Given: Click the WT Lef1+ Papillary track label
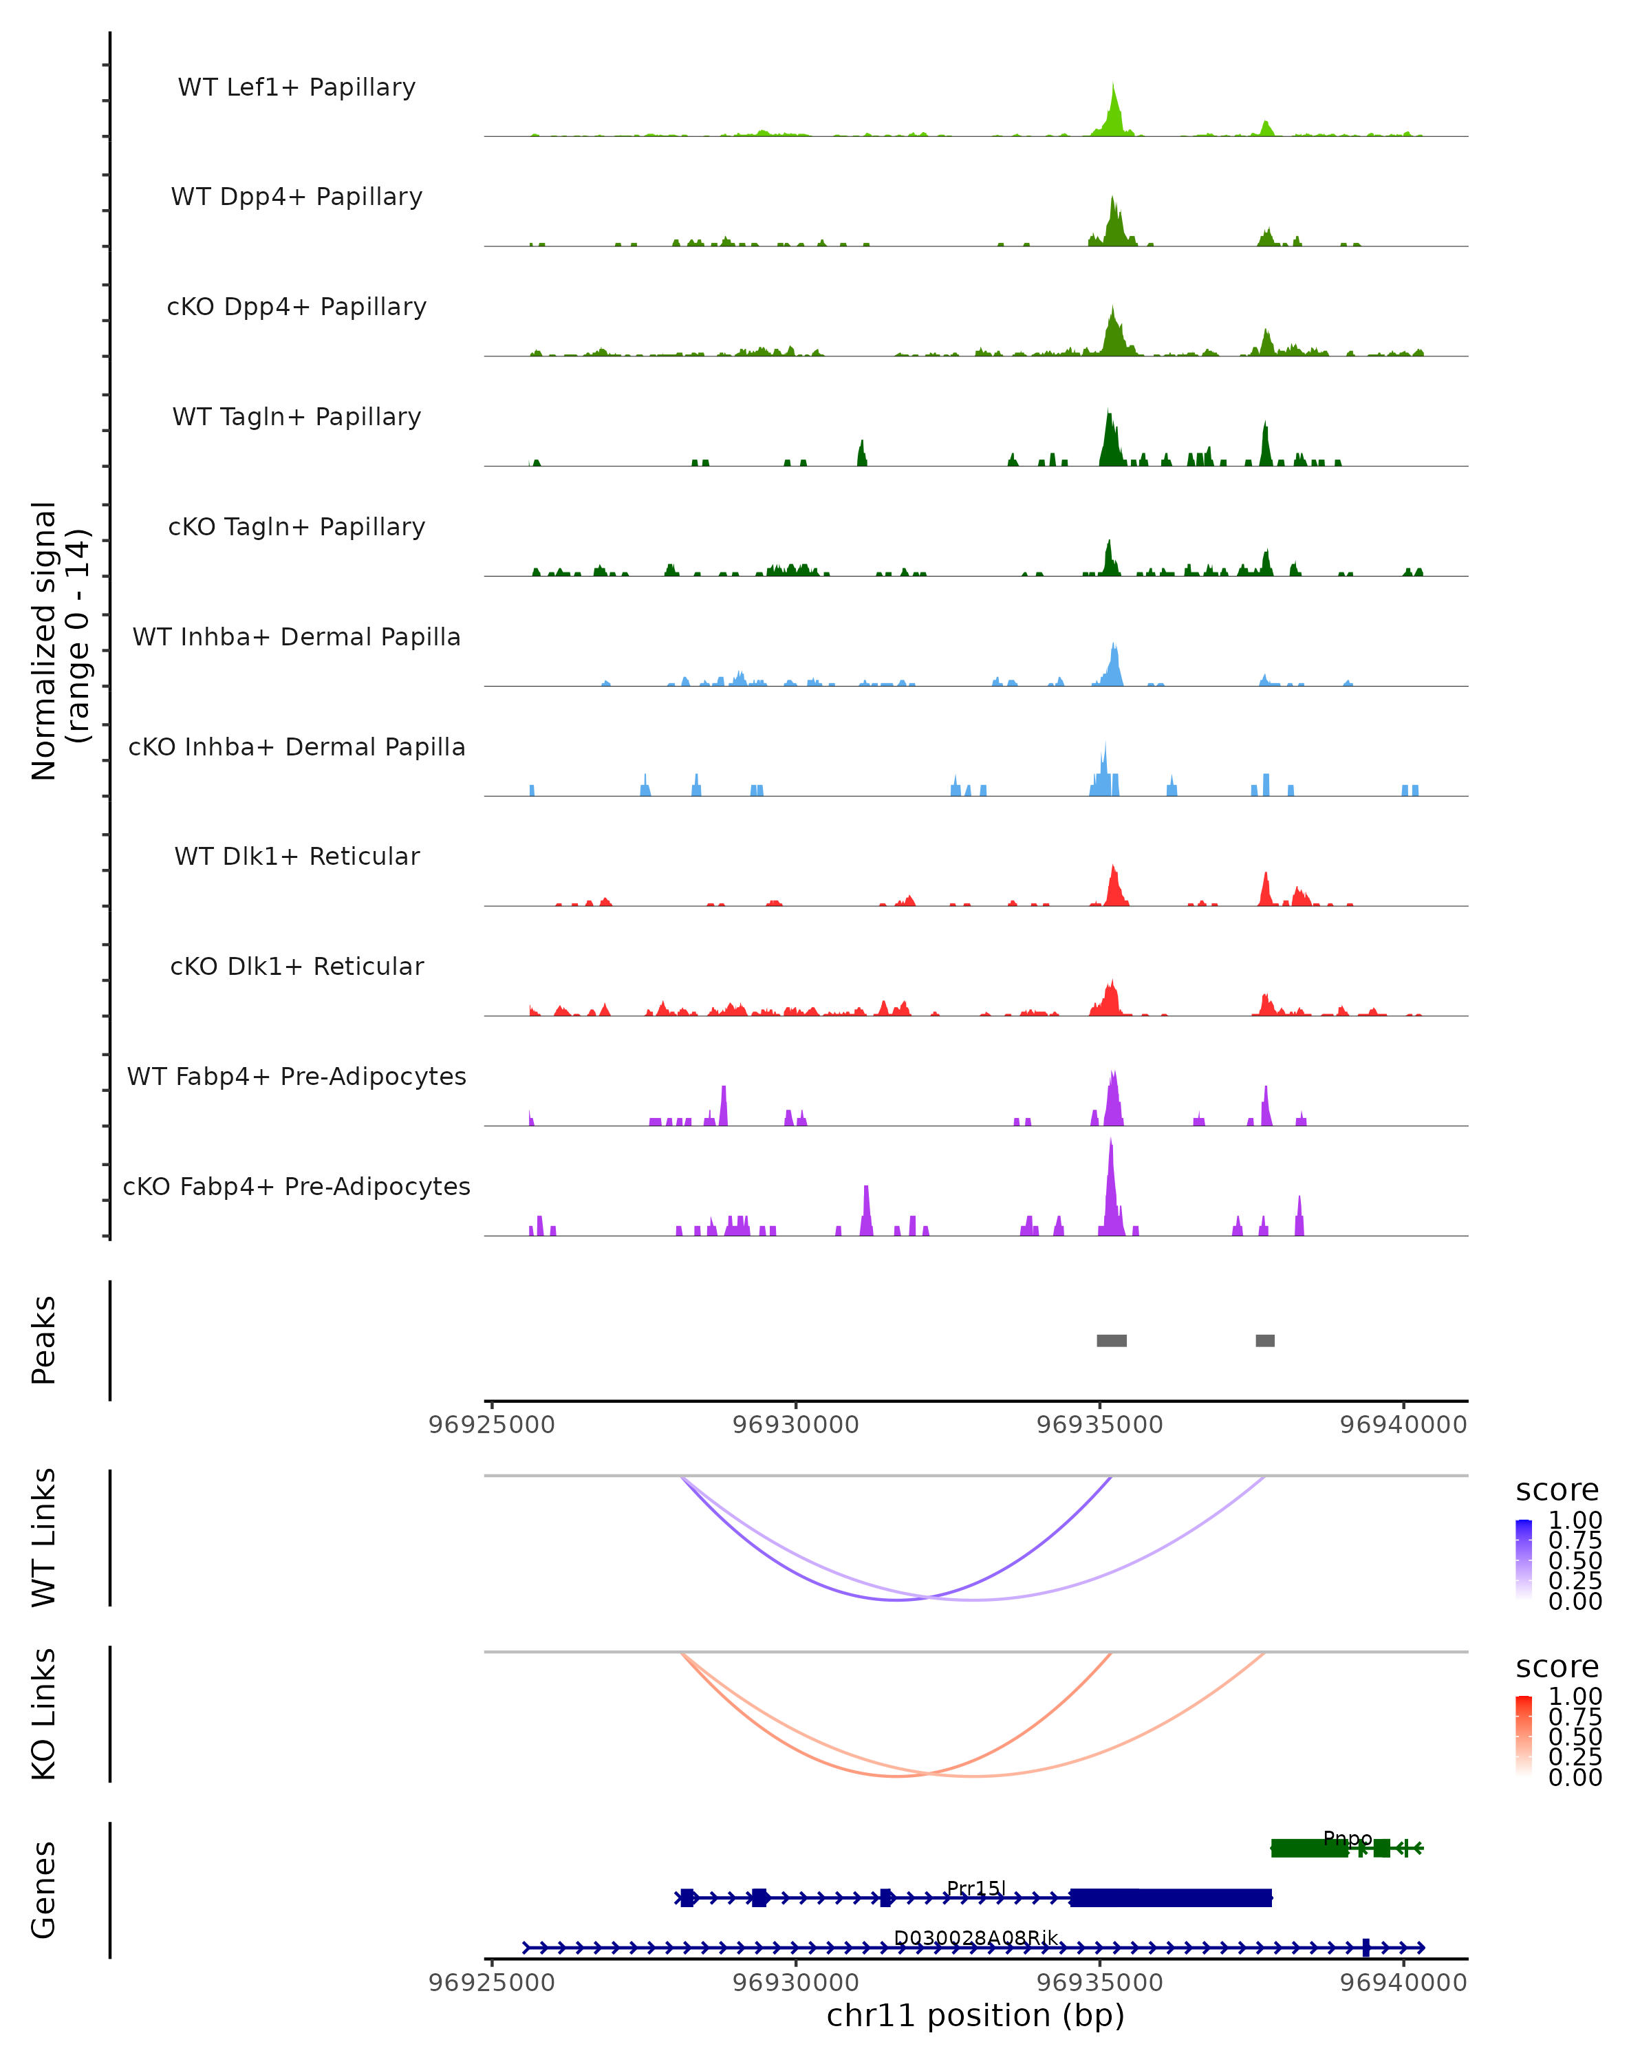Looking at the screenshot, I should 296,87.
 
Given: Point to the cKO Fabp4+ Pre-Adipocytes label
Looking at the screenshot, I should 296,1186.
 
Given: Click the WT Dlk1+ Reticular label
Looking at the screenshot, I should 296,856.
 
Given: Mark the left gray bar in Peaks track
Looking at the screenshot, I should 1111,1340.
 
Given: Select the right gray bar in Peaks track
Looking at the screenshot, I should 1264,1340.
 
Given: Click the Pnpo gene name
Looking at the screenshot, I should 1348,1838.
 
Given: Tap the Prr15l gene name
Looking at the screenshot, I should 975,1888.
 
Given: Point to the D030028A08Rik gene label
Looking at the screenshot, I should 975,1937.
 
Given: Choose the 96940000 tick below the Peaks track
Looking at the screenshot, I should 1403,1425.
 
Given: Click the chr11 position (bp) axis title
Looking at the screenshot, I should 975,2015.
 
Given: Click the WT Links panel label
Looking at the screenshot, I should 44,1538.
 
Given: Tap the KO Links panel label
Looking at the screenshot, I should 44,1714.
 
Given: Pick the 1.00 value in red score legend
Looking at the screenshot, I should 1575,1697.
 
